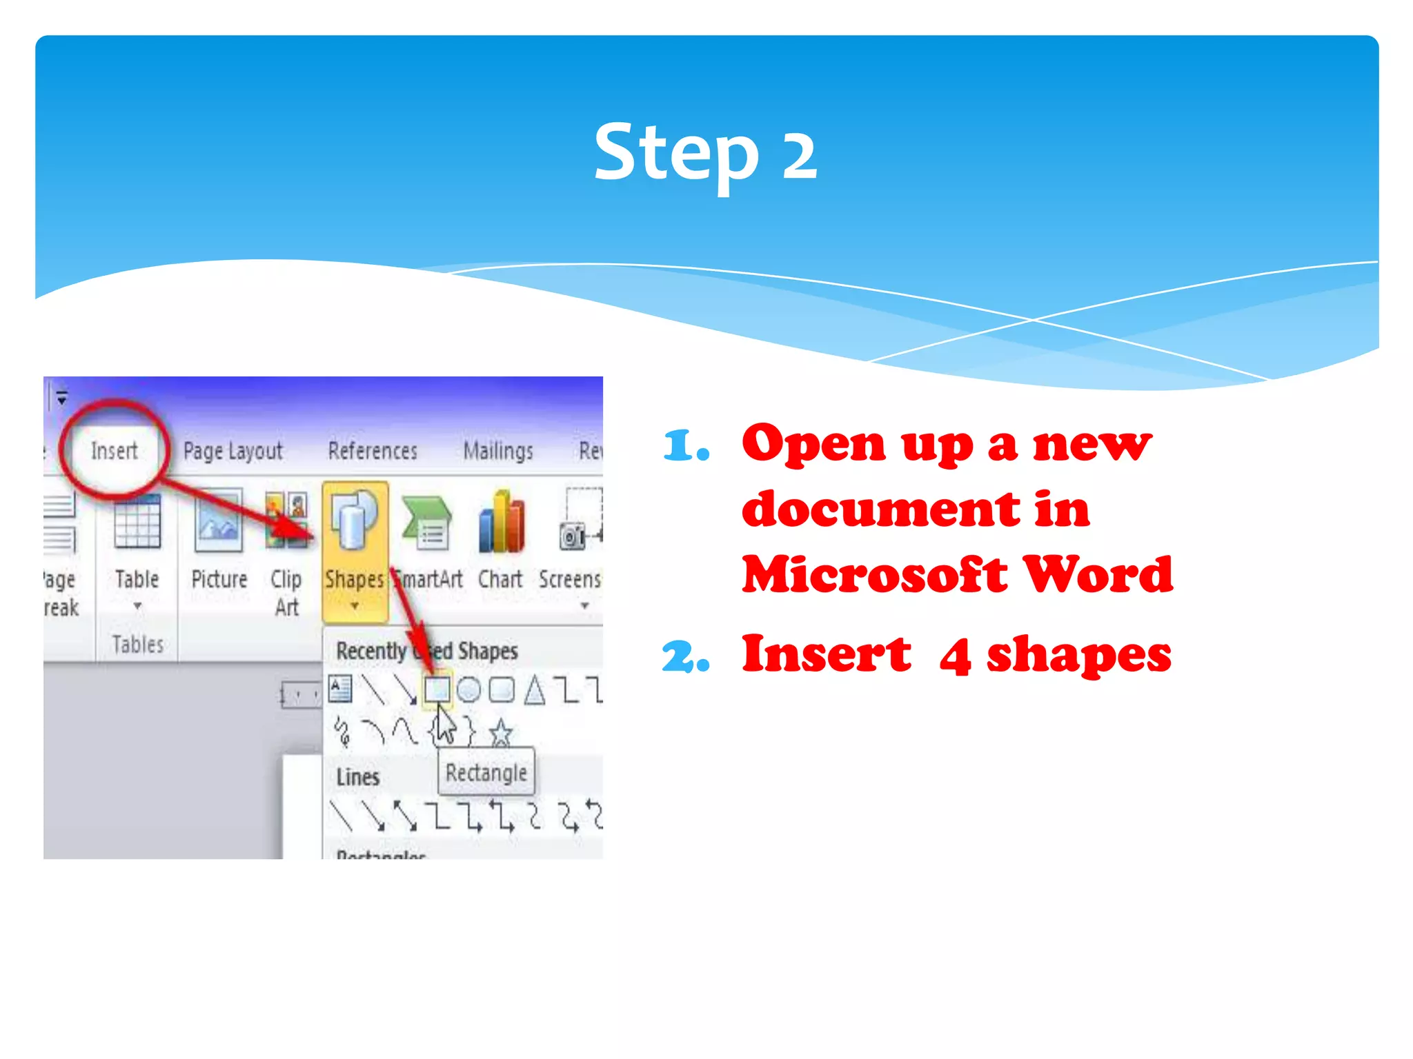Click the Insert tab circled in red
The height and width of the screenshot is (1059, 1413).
point(115,451)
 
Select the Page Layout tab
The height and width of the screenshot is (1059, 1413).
point(233,451)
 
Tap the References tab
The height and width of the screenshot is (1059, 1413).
point(373,451)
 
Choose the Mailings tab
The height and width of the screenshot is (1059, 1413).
point(498,451)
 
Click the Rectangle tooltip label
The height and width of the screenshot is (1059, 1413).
point(486,773)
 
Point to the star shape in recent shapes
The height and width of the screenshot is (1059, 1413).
point(501,732)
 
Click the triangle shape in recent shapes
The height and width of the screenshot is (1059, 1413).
point(534,689)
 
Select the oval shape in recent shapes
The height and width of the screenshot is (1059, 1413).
point(469,689)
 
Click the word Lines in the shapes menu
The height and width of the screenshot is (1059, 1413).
point(358,777)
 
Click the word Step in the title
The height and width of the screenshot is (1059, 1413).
point(676,153)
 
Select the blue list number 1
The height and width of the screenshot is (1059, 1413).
point(684,446)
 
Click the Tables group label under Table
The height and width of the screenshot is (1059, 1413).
point(138,645)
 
